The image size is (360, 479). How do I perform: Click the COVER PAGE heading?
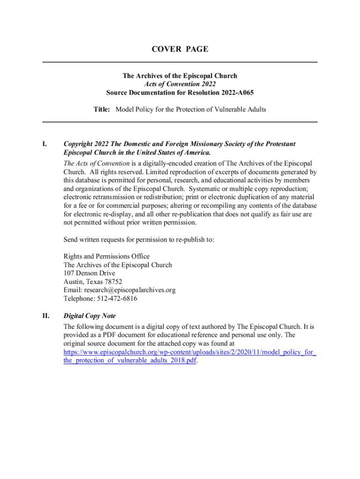180,49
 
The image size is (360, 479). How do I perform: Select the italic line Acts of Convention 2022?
180,84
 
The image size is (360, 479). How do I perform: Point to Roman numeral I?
45,144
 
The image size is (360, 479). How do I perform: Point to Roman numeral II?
46,316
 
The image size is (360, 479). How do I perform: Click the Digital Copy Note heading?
90,316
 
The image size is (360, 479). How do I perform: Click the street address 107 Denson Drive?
89,273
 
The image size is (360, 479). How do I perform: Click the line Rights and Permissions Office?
107,256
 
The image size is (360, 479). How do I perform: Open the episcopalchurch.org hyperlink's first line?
189,352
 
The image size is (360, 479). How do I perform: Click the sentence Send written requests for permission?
139,240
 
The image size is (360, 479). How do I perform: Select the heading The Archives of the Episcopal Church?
180,76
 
